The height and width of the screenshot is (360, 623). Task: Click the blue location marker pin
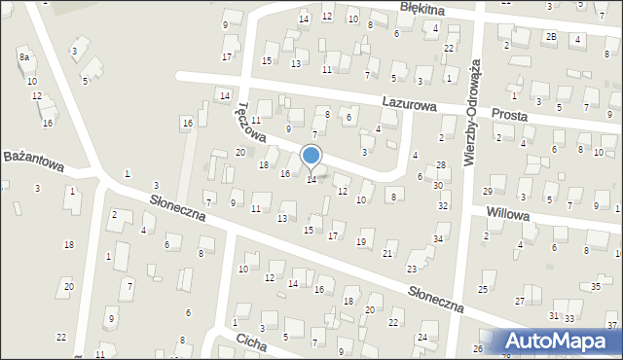(x=311, y=156)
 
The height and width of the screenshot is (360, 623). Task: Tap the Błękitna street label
(x=422, y=8)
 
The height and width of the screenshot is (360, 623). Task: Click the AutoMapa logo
(x=564, y=341)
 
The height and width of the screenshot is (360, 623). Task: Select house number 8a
(x=23, y=58)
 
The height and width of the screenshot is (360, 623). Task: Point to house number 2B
(x=551, y=37)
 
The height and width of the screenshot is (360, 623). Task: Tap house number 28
(x=440, y=165)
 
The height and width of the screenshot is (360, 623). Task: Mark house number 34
(x=439, y=239)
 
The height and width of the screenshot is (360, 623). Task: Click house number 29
(x=488, y=192)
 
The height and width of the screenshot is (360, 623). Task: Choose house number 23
(x=412, y=269)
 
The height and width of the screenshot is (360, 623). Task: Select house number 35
(x=596, y=287)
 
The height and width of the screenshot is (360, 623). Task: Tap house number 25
(x=482, y=290)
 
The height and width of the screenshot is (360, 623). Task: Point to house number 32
(x=443, y=206)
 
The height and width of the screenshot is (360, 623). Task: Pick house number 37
(x=611, y=325)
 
